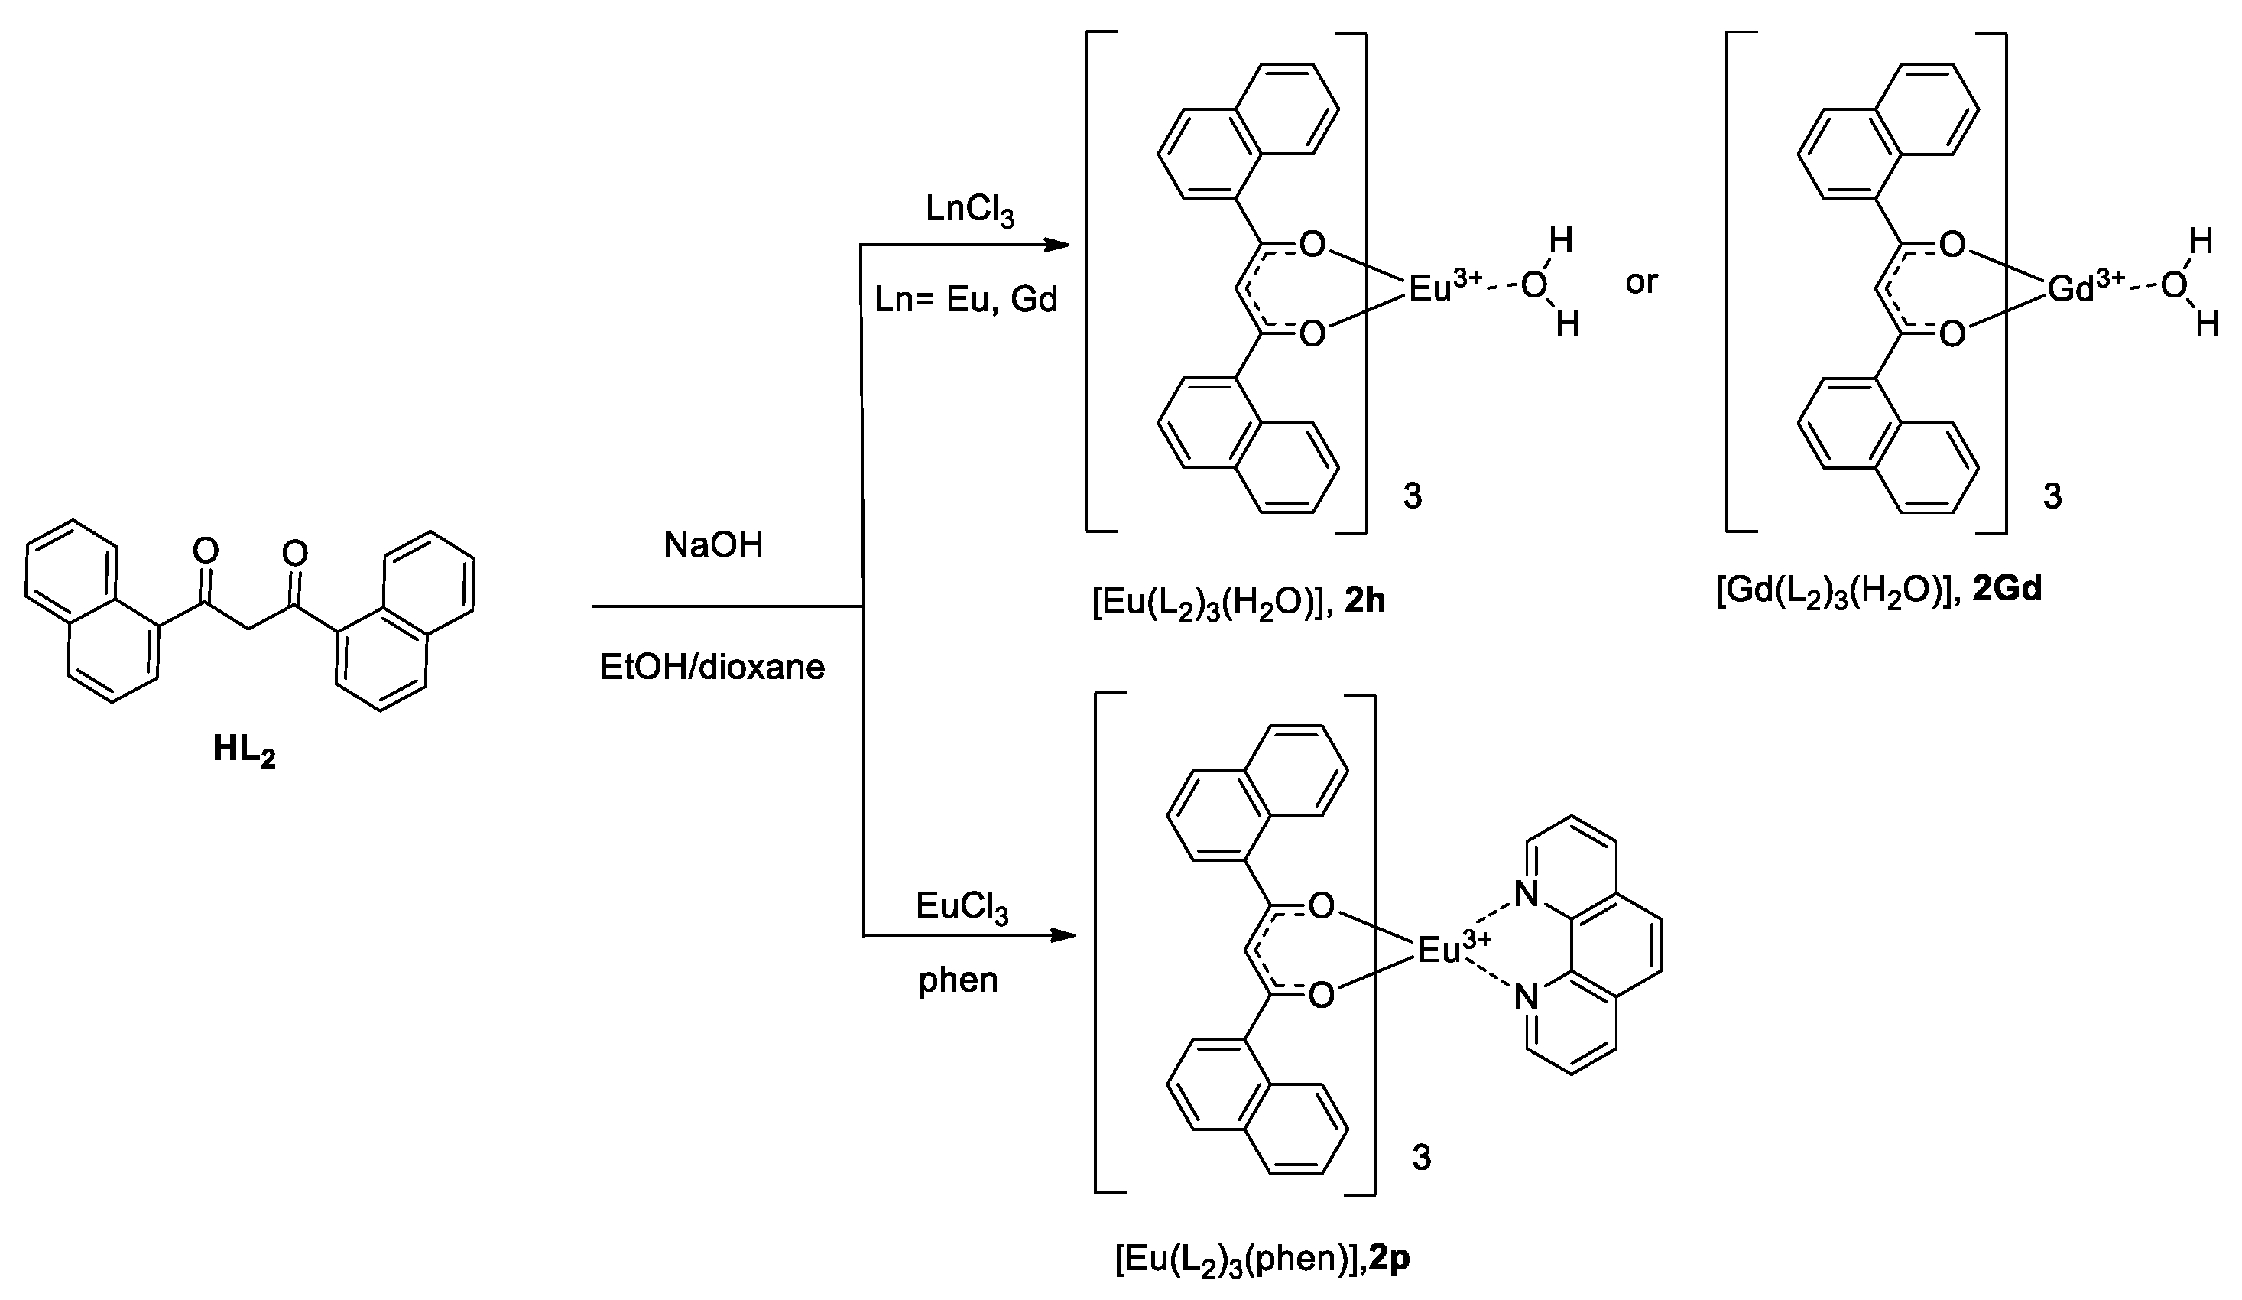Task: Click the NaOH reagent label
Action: point(712,544)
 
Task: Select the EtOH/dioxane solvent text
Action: point(712,667)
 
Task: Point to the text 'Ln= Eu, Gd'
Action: point(966,300)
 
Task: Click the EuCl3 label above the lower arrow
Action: point(962,908)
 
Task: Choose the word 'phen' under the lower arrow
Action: point(959,980)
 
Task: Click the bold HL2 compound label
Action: point(244,750)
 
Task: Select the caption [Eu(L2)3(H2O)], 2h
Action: point(1238,603)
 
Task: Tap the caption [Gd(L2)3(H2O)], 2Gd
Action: point(1878,590)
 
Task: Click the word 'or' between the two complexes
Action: point(1641,282)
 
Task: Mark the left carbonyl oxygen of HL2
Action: point(206,551)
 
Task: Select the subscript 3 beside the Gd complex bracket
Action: point(2052,496)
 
